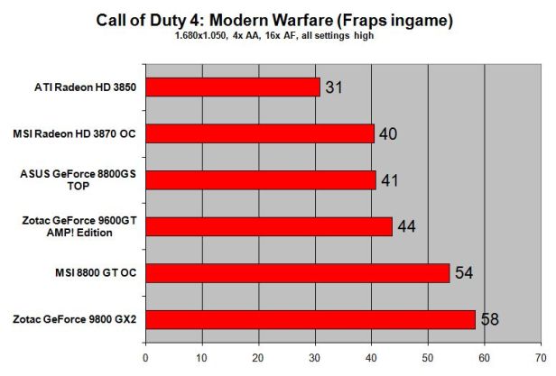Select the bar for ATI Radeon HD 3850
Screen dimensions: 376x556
tap(233, 87)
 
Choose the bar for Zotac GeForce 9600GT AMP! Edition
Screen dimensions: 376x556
tap(269, 225)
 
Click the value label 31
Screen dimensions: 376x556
tap(334, 87)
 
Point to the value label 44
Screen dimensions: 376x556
tap(405, 226)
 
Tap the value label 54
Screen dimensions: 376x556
tap(463, 272)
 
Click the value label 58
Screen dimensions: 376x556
tap(488, 318)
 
